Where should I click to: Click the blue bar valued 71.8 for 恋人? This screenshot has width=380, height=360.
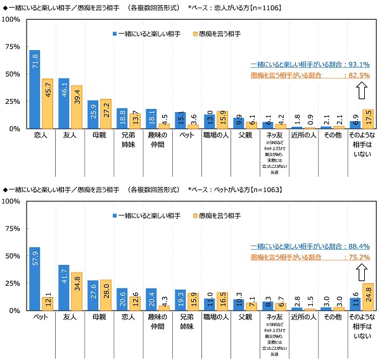pos(34,89)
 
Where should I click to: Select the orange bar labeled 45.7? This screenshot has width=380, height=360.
pos(46,103)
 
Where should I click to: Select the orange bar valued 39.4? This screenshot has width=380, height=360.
pos(75,107)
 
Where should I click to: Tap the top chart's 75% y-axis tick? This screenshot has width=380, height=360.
pos(12,47)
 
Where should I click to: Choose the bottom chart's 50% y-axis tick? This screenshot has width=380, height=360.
pos(12,256)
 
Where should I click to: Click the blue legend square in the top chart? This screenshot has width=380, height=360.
pos(115,33)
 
